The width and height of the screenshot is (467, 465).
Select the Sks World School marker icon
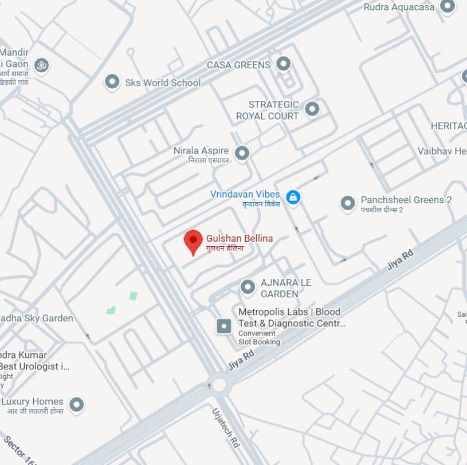[112, 82]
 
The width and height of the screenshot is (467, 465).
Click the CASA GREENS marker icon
[283, 64]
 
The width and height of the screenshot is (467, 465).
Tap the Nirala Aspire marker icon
[242, 153]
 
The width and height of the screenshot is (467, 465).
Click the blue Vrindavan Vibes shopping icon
[293, 198]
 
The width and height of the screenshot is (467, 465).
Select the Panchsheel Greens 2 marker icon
[347, 203]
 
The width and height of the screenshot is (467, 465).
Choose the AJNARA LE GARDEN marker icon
[248, 286]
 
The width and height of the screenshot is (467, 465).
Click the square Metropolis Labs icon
[223, 326]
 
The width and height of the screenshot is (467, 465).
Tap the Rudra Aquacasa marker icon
[447, 7]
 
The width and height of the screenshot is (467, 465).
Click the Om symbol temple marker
[41, 65]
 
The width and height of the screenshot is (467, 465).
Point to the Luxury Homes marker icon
[76, 405]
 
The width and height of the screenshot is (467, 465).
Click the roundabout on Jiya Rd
[219, 384]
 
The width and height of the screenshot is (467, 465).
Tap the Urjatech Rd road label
[225, 427]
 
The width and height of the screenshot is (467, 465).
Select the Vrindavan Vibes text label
[245, 194]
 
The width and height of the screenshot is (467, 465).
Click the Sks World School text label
[163, 82]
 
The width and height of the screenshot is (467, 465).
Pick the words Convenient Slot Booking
[259, 337]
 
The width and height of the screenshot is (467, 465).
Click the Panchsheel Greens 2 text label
[406, 200]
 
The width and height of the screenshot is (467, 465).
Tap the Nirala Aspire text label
[201, 151]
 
